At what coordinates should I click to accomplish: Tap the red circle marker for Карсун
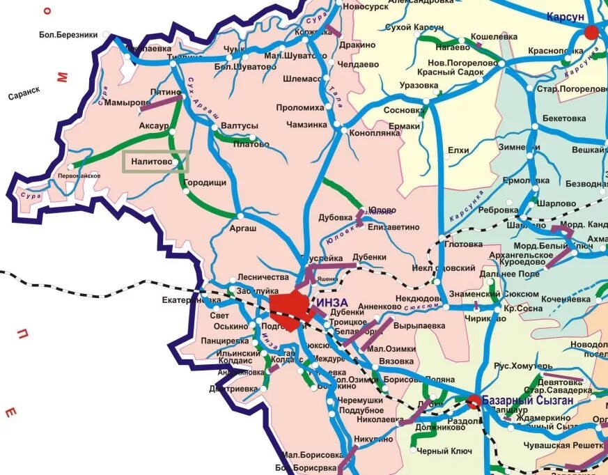point(591,32)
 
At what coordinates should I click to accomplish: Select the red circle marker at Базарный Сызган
point(474,400)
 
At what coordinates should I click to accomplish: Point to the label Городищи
point(204,182)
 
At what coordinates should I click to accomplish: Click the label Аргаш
point(243,228)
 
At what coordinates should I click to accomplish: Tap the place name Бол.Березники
point(68,35)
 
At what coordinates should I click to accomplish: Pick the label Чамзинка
point(306,125)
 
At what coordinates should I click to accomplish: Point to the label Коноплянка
point(374,132)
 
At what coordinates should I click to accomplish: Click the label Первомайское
point(78,176)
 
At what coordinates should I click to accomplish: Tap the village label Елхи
point(458,150)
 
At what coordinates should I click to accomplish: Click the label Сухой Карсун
point(414,27)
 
